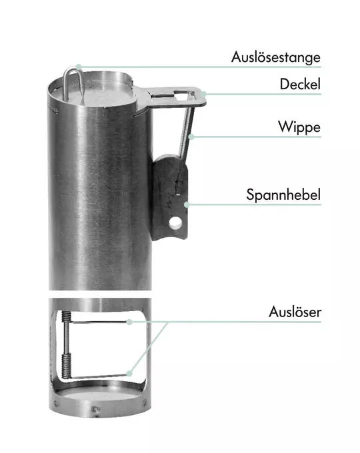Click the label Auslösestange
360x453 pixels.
(x=276, y=57)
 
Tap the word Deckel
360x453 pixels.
(x=300, y=84)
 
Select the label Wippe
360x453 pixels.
(x=299, y=127)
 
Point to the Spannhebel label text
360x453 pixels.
(x=283, y=195)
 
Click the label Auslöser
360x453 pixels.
(x=295, y=312)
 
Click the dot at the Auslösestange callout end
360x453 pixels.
(x=79, y=67)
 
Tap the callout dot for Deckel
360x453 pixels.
(x=204, y=94)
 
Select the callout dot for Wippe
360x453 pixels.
(x=191, y=137)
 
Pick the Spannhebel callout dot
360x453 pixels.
(x=187, y=205)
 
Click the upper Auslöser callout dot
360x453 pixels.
(x=129, y=322)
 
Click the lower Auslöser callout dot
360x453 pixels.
(x=129, y=373)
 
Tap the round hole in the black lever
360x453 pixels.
(x=175, y=223)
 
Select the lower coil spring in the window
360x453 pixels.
(x=66, y=366)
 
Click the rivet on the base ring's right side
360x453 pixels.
(x=145, y=402)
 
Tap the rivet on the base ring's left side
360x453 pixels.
(x=56, y=403)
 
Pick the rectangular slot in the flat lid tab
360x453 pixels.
(x=161, y=94)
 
